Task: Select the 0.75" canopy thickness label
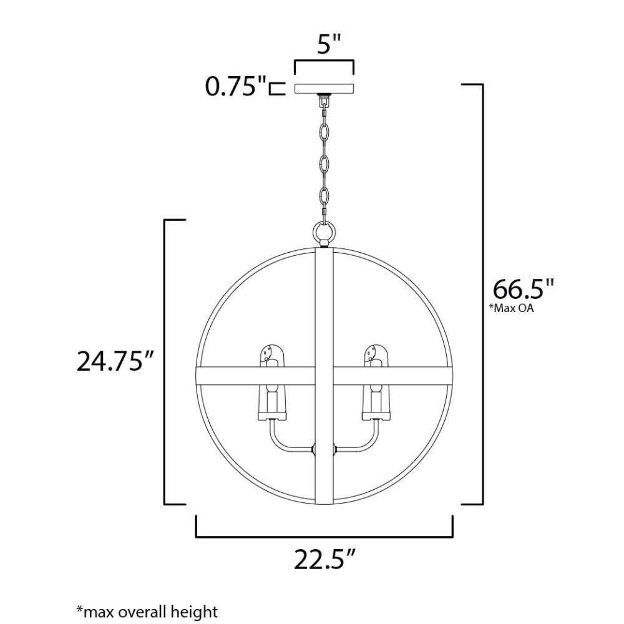(235, 86)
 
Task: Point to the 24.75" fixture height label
(115, 361)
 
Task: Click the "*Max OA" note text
(511, 308)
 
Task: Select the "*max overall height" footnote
(147, 612)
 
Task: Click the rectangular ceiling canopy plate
(324, 89)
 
